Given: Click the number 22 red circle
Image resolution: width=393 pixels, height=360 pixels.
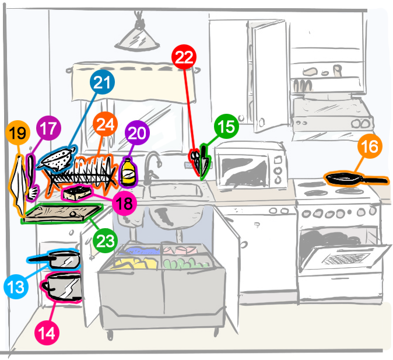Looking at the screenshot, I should pyautogui.click(x=184, y=57).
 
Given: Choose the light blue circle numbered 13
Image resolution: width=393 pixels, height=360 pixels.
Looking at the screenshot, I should pyautogui.click(x=16, y=286).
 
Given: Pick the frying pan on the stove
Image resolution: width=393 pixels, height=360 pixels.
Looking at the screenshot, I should pyautogui.click(x=348, y=178).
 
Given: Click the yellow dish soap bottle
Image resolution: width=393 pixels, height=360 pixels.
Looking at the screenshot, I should pyautogui.click(x=128, y=173).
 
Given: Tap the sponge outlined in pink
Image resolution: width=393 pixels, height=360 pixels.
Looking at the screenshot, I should pyautogui.click(x=76, y=193).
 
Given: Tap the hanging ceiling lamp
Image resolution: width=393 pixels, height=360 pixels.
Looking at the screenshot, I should pyautogui.click(x=139, y=39).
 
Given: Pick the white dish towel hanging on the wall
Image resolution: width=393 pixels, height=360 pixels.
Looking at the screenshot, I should pyautogui.click(x=19, y=181).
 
